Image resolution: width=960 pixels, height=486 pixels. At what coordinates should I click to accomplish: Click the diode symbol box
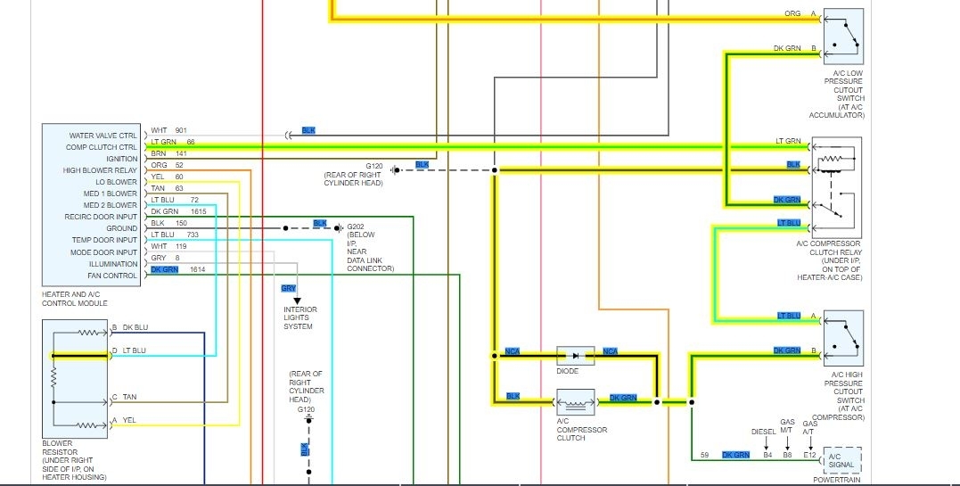(x=575, y=356)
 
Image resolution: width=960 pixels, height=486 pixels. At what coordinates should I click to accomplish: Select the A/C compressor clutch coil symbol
(x=575, y=402)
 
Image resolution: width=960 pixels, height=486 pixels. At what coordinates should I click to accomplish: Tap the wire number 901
(x=181, y=131)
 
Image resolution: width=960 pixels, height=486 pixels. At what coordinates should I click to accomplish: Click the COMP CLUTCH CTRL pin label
(x=102, y=147)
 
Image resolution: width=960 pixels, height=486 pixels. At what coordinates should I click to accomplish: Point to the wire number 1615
(x=198, y=211)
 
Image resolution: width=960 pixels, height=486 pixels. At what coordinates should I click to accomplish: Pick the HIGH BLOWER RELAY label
(x=100, y=170)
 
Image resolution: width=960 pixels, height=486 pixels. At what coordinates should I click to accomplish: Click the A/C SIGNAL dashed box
(x=842, y=458)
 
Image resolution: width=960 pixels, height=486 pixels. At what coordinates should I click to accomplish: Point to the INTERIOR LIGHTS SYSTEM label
(x=300, y=318)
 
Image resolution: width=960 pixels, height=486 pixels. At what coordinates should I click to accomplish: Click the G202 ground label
(x=356, y=227)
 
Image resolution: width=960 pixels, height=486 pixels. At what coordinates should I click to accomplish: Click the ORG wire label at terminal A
(x=792, y=14)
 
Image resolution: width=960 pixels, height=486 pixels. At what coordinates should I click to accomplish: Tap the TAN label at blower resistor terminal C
(x=130, y=397)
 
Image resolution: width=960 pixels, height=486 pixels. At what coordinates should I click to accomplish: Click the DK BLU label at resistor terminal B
(x=135, y=327)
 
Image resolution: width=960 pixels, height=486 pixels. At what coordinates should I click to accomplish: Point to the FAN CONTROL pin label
(x=112, y=276)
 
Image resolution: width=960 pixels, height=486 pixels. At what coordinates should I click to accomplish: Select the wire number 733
(x=192, y=235)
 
